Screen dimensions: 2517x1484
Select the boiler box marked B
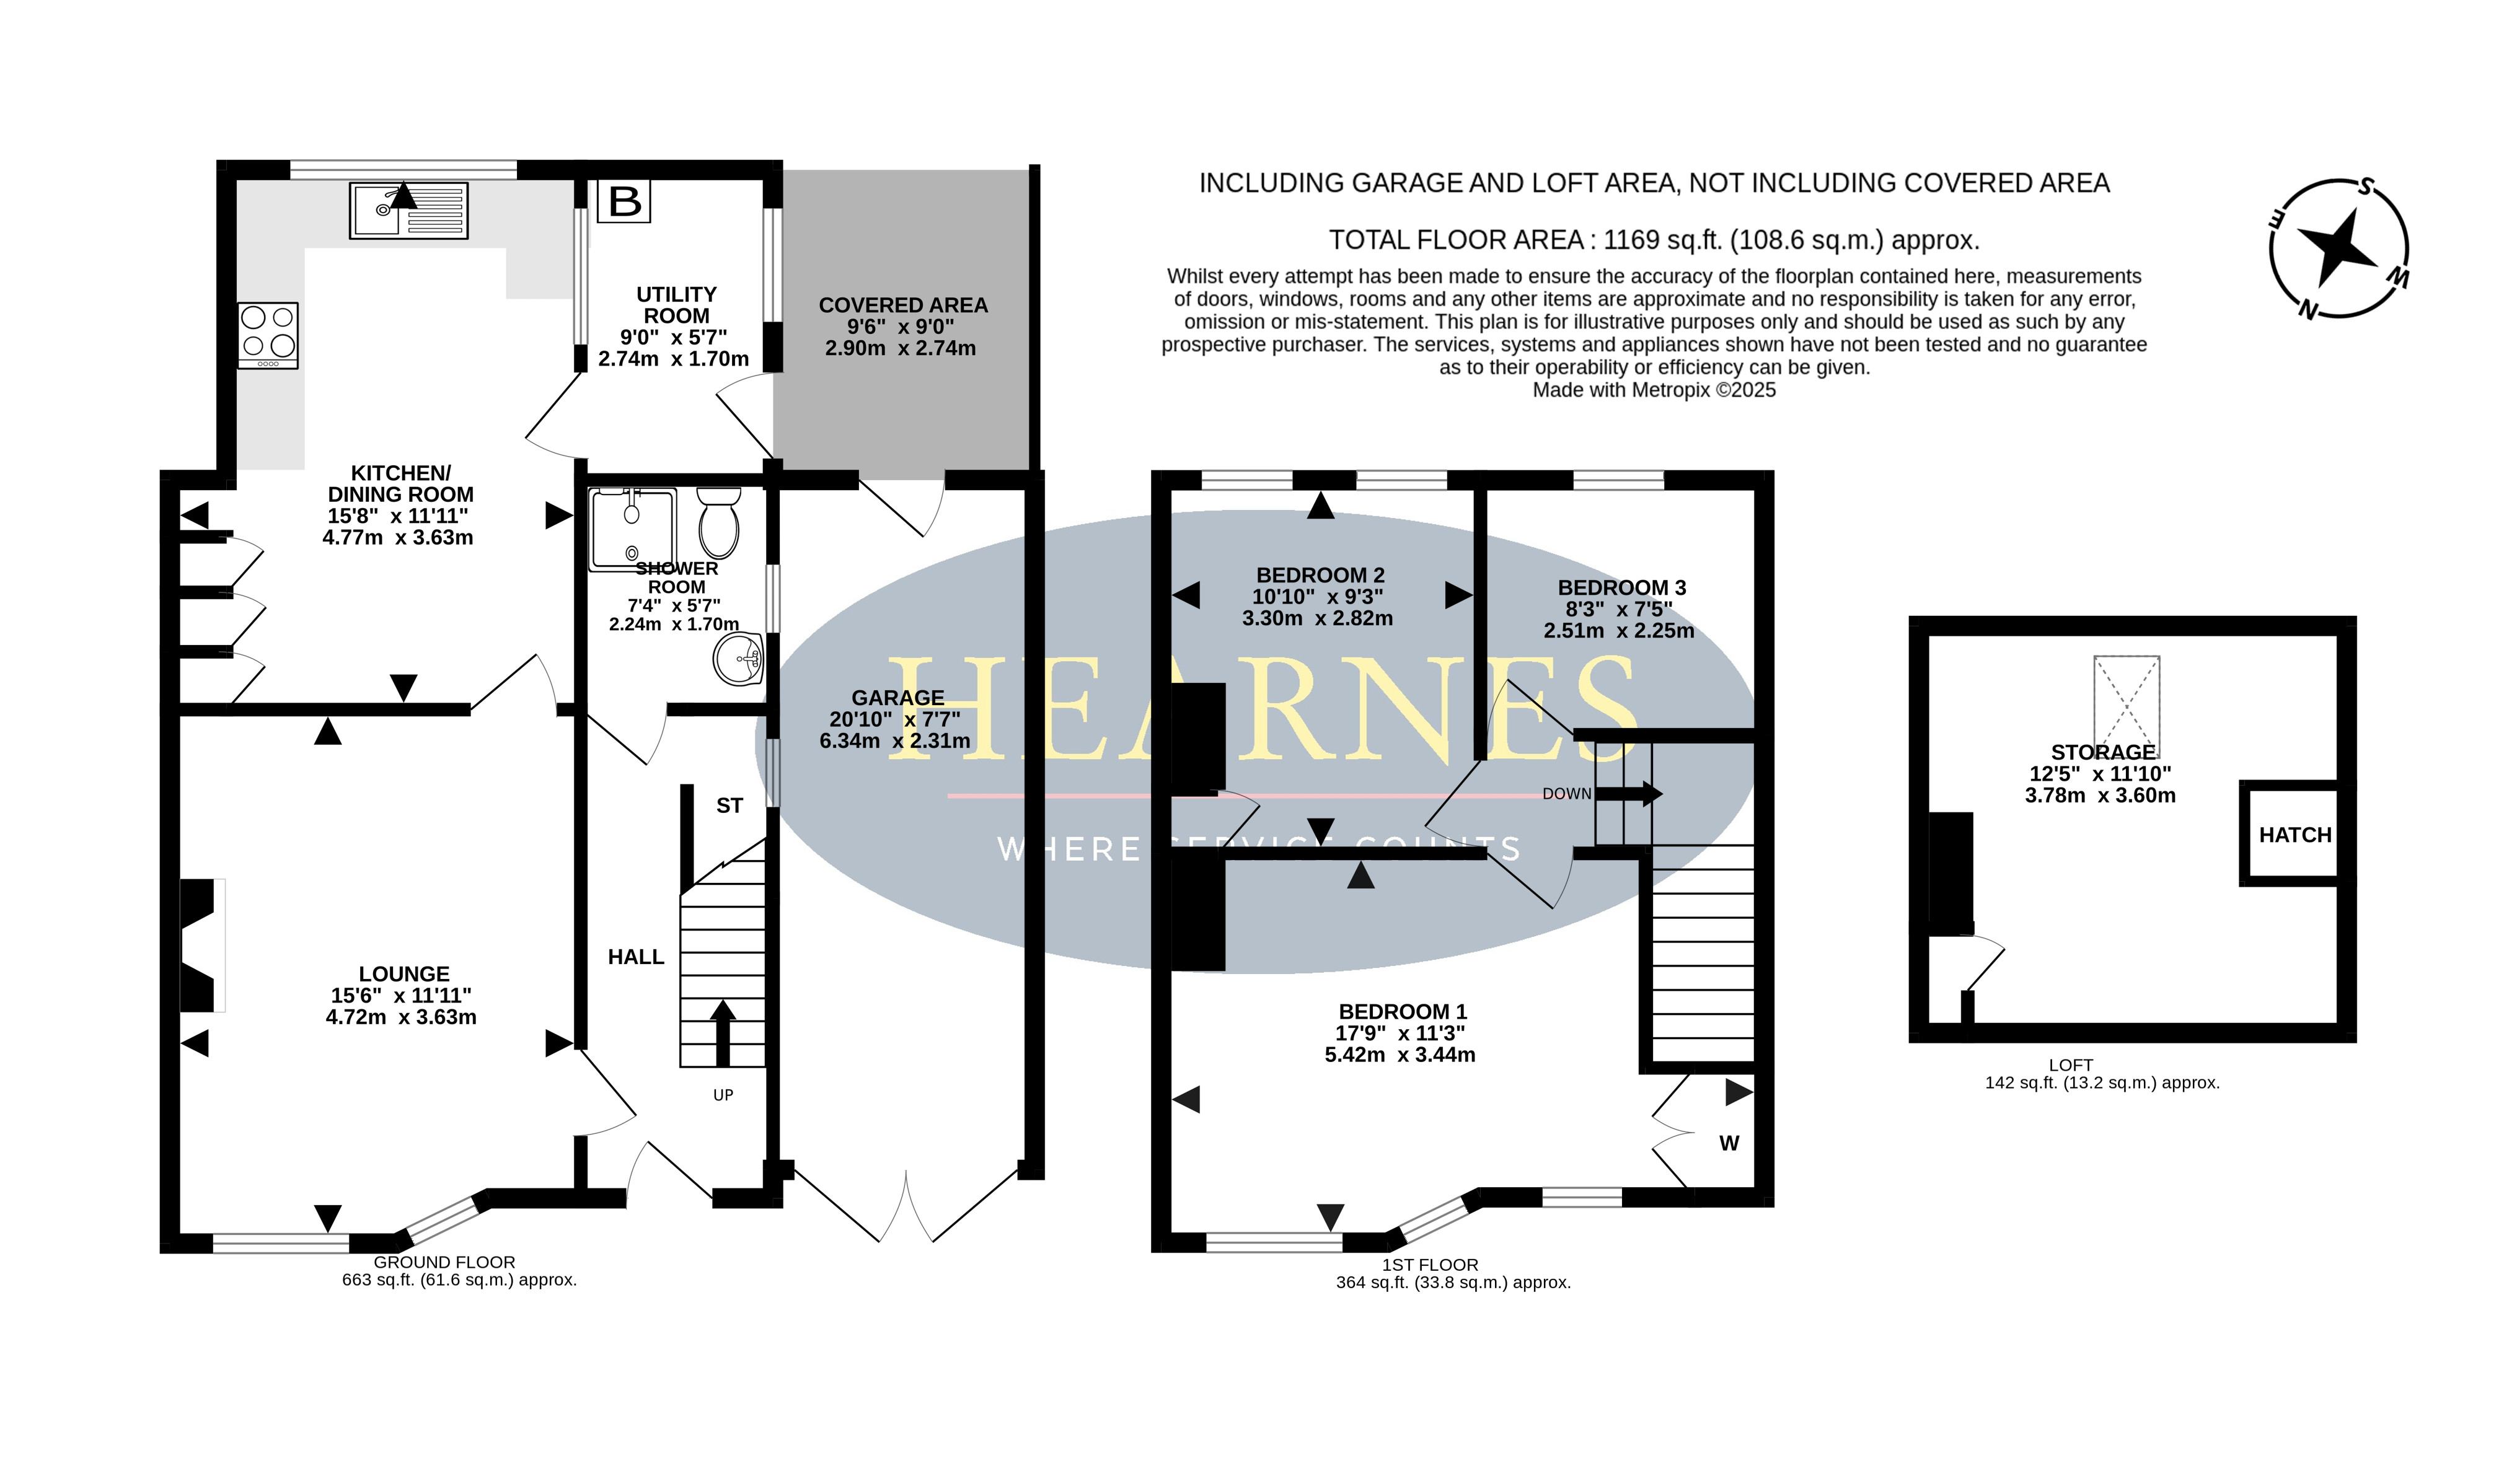(624, 201)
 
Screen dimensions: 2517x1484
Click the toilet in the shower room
(719, 522)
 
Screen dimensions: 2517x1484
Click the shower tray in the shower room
(632, 529)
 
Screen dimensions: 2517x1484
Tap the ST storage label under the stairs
(729, 806)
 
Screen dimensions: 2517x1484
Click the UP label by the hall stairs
(723, 1095)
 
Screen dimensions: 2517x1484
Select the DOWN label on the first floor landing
(1566, 794)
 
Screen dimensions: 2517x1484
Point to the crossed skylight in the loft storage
(2127, 706)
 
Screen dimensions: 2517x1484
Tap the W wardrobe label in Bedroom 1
(1729, 1143)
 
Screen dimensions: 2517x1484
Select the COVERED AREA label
(903, 305)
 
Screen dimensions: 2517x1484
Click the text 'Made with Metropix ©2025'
(1654, 390)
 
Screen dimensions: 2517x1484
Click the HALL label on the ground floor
(636, 957)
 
